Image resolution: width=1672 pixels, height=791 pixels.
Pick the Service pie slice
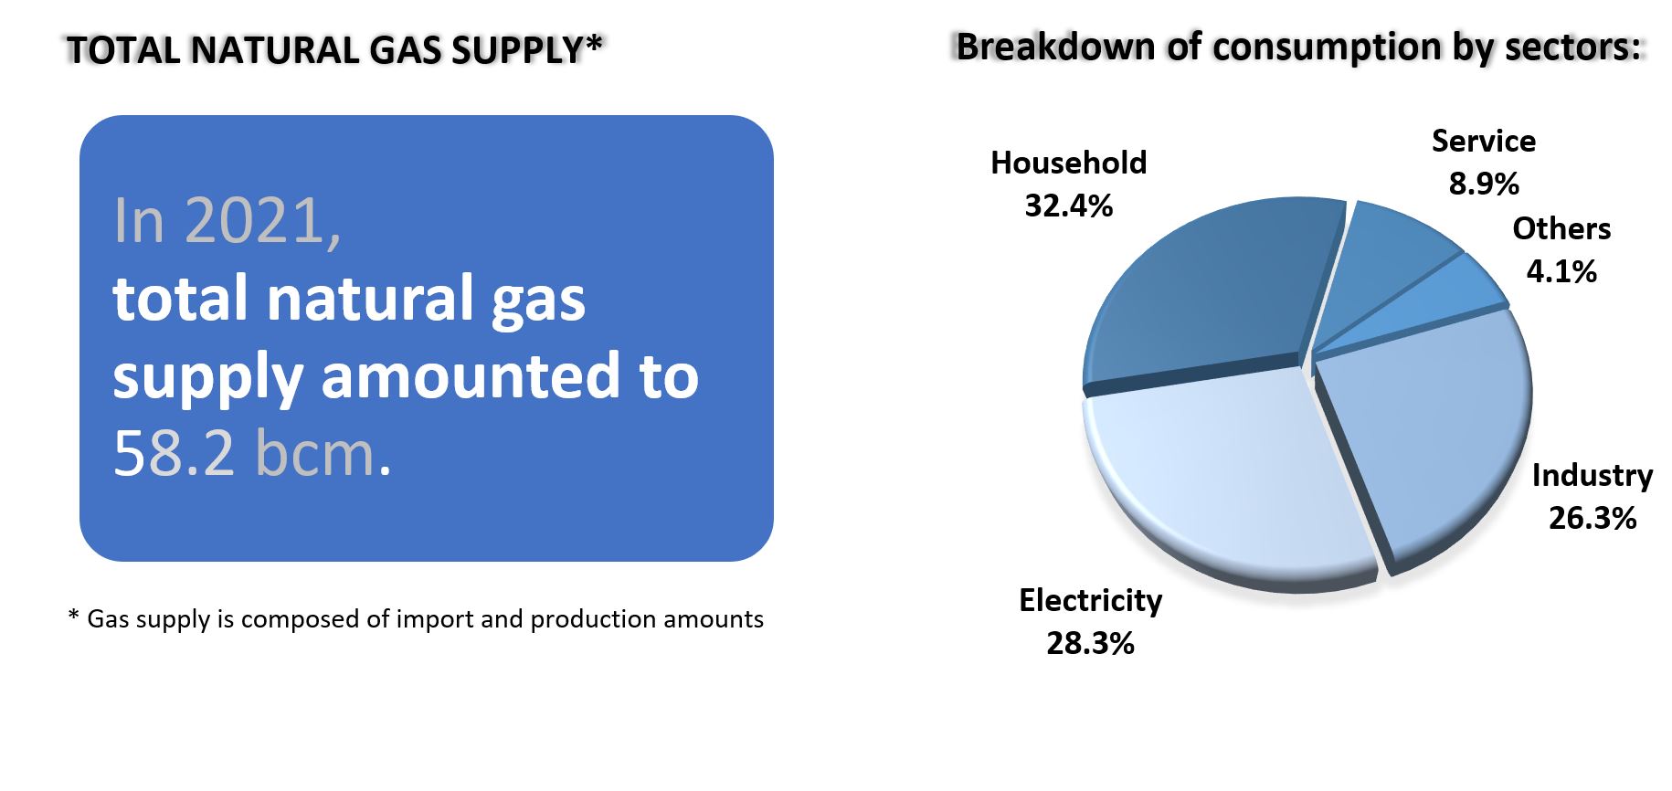(1389, 265)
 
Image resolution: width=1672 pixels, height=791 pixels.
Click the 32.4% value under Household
(1068, 206)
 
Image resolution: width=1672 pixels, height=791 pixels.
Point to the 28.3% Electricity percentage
(1090, 643)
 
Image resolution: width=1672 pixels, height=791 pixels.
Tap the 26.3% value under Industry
(1593, 518)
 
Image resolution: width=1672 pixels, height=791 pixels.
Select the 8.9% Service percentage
(1484, 183)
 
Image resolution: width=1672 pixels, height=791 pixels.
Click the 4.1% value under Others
(1561, 270)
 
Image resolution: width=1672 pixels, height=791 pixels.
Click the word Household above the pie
(1068, 163)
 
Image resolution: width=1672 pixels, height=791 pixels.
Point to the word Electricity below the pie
(1090, 600)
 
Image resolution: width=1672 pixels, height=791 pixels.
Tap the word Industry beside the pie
(1593, 475)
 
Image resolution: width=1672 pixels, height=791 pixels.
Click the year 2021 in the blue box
(262, 220)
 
